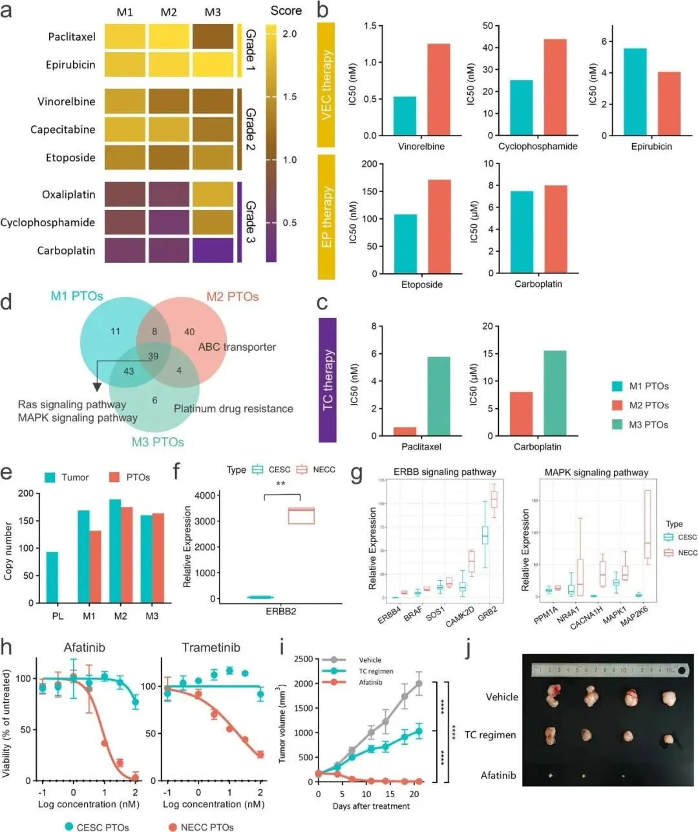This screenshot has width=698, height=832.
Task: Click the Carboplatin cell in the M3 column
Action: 213,251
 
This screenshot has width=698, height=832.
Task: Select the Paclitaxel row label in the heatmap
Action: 71,37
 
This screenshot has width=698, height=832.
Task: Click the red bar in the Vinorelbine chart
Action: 439,89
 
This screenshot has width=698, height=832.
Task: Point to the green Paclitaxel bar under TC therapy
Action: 439,396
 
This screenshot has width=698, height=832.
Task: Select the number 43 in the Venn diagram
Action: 129,371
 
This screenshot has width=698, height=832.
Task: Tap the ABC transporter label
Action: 237,347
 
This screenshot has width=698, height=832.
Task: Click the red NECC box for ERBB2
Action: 301,515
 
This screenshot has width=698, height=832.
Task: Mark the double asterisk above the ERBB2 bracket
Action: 280,484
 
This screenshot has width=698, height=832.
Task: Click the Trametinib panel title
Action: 211,647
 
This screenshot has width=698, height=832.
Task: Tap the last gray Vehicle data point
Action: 419,683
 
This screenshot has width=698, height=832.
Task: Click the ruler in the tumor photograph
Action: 608,671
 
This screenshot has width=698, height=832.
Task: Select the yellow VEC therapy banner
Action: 326,85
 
